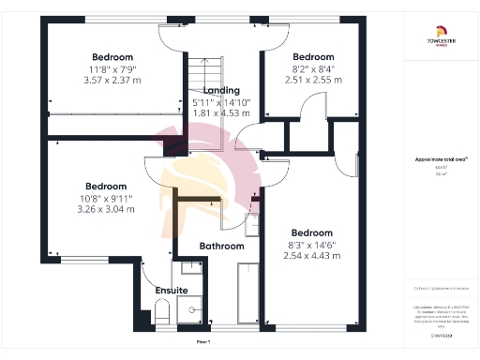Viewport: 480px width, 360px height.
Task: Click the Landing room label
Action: (221, 90)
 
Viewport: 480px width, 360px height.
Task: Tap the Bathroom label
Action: (221, 246)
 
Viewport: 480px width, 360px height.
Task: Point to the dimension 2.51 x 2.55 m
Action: (313, 80)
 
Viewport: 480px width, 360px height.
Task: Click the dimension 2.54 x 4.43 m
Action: (309, 256)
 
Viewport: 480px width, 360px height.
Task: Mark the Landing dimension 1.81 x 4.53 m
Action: (221, 113)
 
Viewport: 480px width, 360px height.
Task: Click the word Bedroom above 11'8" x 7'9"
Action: (112, 56)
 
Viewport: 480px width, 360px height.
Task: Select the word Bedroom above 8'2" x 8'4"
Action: (313, 56)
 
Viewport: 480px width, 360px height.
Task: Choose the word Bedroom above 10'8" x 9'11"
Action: (106, 186)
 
